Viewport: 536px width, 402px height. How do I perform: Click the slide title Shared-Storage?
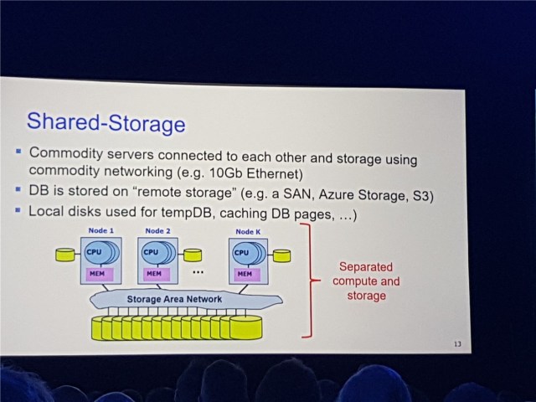pos(106,123)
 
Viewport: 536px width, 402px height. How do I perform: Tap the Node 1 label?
pos(100,230)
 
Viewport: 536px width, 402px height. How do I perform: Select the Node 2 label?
pos(157,230)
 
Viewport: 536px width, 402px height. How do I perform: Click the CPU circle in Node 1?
pos(94,251)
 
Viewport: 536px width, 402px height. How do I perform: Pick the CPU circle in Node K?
pos(241,252)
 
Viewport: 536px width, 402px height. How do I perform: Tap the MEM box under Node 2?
pos(153,273)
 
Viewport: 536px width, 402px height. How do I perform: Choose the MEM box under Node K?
pos(244,274)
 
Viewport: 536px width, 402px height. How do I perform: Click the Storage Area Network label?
pos(174,299)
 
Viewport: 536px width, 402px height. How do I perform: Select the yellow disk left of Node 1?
pos(65,254)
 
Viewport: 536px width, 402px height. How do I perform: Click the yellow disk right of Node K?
pos(281,255)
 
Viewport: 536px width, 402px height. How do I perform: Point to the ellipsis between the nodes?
pos(199,273)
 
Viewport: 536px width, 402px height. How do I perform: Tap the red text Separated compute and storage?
pos(366,281)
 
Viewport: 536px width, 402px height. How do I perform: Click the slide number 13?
pos(456,344)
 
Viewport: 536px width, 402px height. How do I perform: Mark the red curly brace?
pos(311,280)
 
